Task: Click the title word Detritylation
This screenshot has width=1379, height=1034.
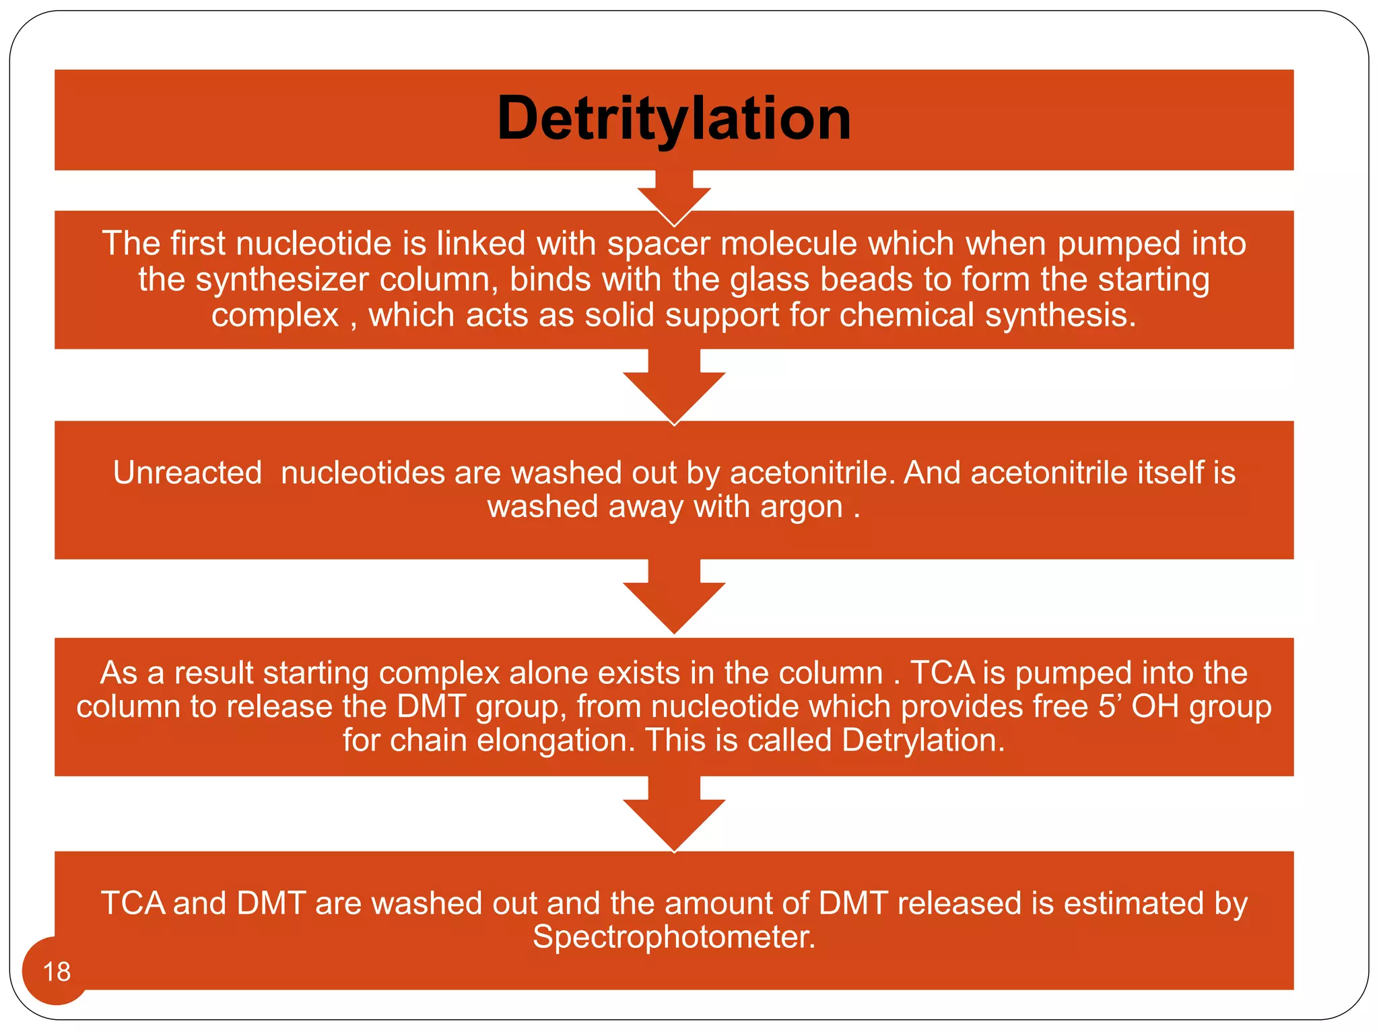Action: (674, 119)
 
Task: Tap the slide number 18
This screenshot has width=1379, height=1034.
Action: (57, 971)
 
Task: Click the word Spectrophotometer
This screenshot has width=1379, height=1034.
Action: (673, 938)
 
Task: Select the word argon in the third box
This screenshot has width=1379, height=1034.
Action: (801, 507)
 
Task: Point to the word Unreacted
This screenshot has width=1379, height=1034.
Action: (187, 473)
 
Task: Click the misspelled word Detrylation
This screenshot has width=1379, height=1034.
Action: (922, 740)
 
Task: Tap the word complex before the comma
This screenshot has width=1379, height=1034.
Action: (275, 316)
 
